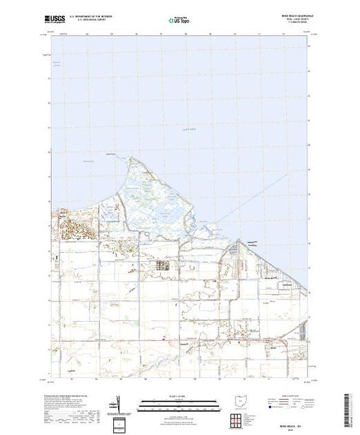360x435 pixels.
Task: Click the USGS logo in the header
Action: click(55, 21)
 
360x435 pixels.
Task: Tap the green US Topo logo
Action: click(179, 21)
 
